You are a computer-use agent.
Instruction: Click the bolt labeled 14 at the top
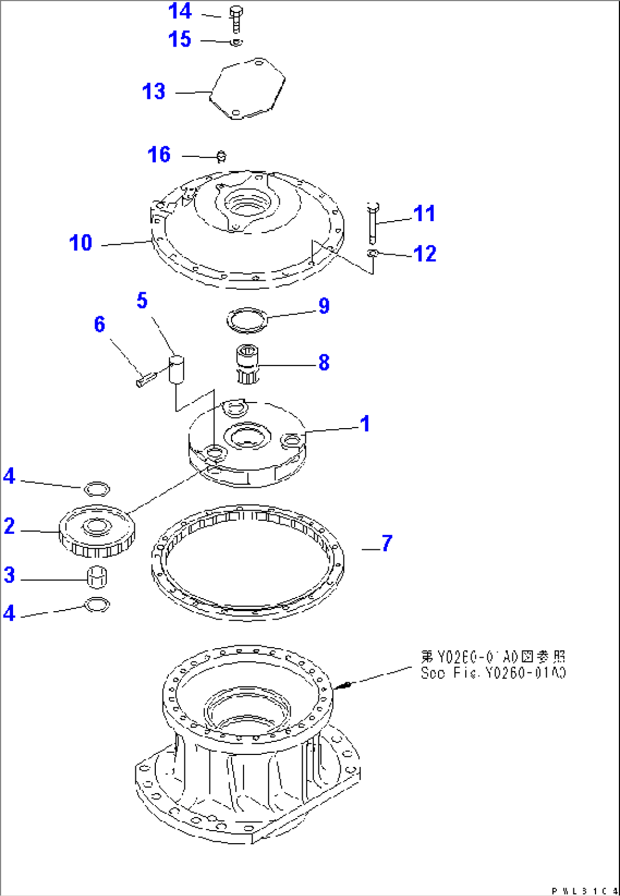[236, 19]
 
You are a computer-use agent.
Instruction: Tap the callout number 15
[180, 39]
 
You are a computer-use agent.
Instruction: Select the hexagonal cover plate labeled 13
[247, 89]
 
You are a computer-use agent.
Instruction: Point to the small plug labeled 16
[222, 156]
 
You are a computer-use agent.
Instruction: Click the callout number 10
[81, 243]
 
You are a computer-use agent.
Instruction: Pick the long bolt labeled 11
[373, 223]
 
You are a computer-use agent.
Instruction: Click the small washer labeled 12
[372, 252]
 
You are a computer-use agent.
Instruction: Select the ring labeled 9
[247, 320]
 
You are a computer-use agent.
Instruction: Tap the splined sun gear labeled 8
[247, 364]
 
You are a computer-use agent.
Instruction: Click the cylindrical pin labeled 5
[177, 370]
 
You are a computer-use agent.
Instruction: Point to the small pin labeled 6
[146, 379]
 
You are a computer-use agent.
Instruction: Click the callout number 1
[365, 424]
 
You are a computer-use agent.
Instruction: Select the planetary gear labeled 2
[97, 532]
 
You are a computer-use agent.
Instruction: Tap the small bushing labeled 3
[97, 578]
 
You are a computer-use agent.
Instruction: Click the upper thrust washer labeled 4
[97, 488]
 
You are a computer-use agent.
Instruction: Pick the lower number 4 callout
[9, 613]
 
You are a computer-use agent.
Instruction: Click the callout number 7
[387, 543]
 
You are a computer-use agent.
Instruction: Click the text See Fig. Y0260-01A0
[493, 673]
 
